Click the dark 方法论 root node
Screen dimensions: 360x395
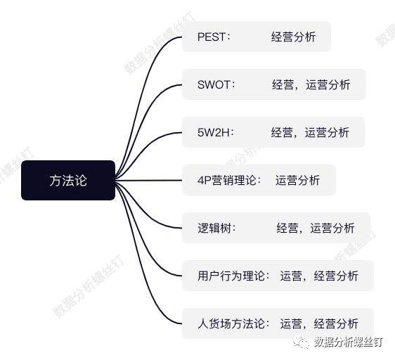68,180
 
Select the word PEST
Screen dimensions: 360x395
213,37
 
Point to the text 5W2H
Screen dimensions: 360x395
215,132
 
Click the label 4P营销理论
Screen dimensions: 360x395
228,180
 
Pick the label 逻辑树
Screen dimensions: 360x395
216,228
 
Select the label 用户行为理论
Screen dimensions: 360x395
233,276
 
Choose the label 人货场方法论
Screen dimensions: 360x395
233,323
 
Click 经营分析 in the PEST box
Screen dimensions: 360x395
293,37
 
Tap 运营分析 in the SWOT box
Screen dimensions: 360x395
328,84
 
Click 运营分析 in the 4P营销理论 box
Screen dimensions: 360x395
297,180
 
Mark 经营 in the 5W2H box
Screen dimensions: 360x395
282,132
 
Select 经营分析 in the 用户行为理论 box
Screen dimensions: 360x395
335,276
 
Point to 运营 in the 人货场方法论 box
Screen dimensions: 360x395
291,323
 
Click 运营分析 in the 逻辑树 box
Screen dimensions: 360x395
332,228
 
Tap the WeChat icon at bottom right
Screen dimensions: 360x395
302,342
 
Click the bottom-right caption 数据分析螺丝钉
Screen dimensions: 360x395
349,342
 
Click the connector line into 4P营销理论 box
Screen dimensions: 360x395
151,180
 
